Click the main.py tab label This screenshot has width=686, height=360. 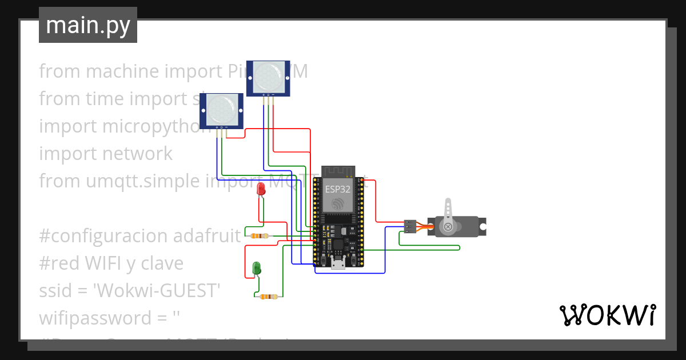[88, 25]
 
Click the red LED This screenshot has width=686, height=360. [261, 190]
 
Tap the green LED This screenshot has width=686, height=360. [257, 267]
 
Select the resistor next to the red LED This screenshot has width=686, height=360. [261, 236]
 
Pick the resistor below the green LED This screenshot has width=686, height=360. [268, 297]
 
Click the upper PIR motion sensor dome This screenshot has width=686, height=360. [269, 74]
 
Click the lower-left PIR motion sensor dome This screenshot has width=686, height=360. [221, 108]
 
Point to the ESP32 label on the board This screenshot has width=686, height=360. [337, 189]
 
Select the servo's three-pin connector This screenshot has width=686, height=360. [409, 226]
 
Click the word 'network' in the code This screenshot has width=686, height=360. [138, 154]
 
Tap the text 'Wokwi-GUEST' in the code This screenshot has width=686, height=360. [157, 291]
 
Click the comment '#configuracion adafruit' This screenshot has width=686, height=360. [140, 235]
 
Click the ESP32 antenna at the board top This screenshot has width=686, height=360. [338, 171]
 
